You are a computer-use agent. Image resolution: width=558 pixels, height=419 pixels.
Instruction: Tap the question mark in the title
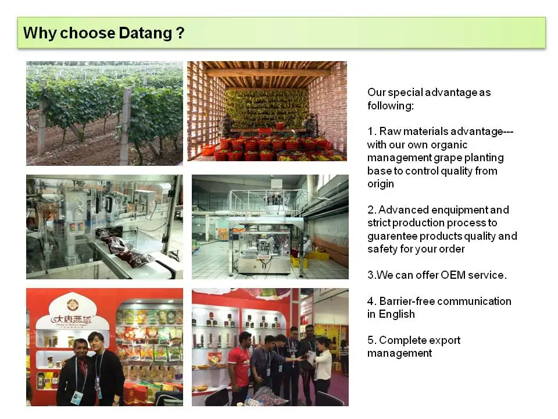[x=180, y=33]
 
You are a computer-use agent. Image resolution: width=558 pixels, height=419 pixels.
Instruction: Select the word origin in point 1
[x=381, y=184]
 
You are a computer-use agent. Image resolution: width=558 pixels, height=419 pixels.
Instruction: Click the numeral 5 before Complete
[x=371, y=340]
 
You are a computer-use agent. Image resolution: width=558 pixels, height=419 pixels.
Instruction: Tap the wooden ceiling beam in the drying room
[x=267, y=73]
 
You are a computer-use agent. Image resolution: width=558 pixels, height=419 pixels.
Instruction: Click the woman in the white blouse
[x=323, y=367]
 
